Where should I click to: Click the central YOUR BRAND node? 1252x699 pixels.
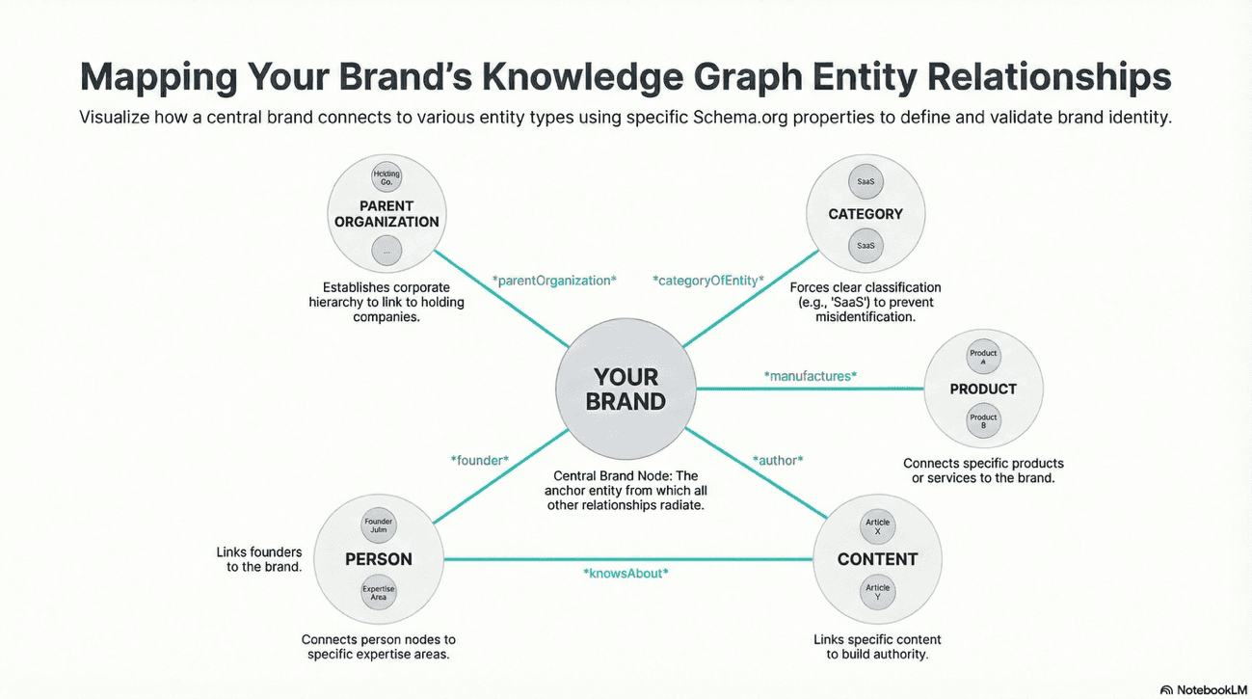(626, 389)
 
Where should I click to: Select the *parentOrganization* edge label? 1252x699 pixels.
(553, 281)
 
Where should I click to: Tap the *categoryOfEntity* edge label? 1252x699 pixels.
(708, 281)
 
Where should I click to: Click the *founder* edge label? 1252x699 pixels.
(479, 461)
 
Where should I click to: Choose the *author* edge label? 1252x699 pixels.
(777, 460)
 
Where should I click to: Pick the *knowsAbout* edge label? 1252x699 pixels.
(626, 573)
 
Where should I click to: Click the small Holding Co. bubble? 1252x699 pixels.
(386, 177)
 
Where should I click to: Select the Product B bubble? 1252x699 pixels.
(983, 421)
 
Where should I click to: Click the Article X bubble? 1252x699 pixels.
(877, 527)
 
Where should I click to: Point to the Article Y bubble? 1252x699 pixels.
(877, 592)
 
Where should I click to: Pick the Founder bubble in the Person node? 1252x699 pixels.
(379, 526)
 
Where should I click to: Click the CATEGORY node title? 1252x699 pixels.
(866, 214)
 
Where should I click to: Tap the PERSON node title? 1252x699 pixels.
(379, 559)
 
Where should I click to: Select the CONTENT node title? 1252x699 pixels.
(877, 559)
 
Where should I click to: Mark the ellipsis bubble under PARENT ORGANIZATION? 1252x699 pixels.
(386, 250)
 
